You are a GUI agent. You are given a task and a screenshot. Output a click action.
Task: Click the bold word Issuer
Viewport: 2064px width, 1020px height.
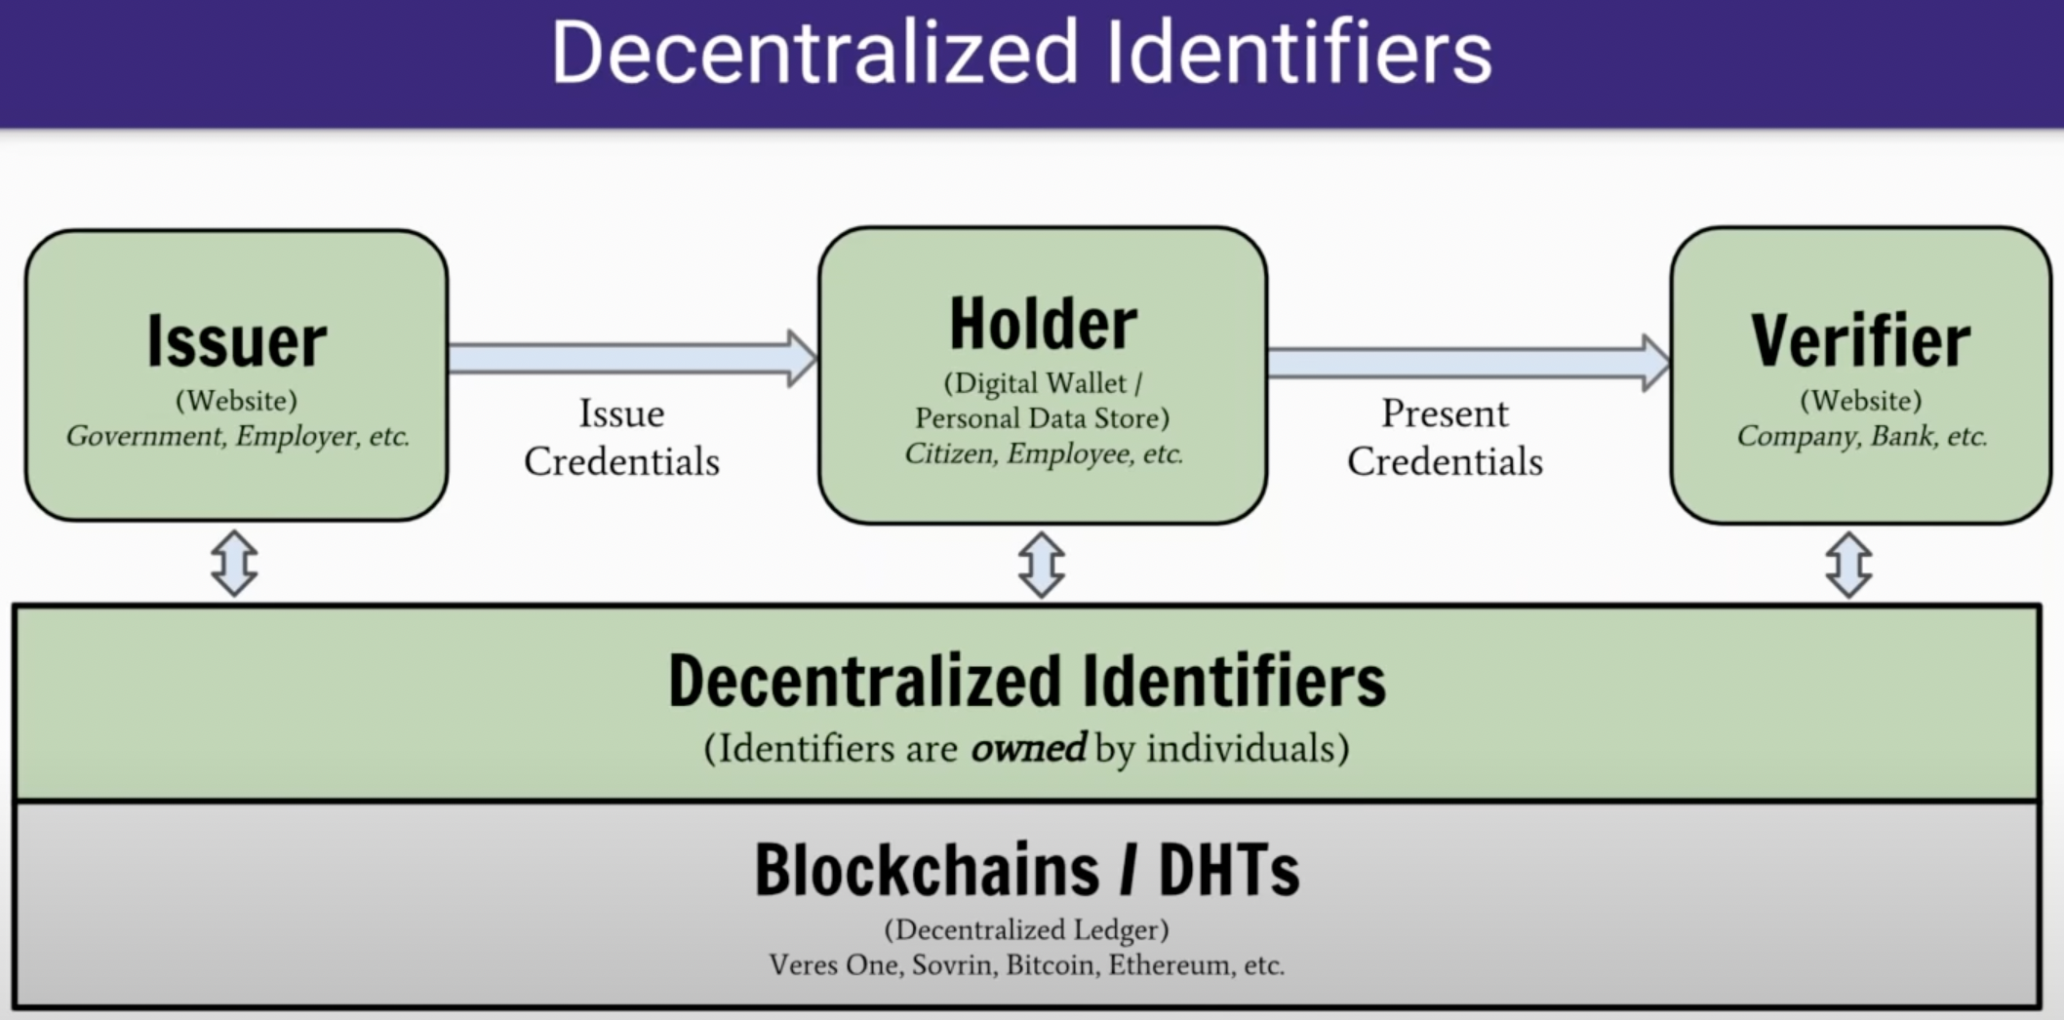click(x=237, y=342)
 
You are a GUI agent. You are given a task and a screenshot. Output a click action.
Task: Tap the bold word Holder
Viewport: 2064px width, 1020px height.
click(x=1043, y=325)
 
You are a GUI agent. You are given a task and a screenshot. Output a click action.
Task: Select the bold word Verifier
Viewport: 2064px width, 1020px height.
click(x=1860, y=342)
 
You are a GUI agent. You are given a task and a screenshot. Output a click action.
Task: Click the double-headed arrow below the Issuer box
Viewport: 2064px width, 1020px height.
click(x=234, y=564)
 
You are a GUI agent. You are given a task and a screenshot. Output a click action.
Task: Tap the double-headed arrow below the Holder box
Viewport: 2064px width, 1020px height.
click(x=1041, y=565)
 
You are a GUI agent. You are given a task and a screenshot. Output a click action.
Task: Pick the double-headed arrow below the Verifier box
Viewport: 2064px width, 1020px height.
click(x=1848, y=565)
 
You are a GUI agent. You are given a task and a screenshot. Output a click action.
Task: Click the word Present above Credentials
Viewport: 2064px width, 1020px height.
click(x=1445, y=414)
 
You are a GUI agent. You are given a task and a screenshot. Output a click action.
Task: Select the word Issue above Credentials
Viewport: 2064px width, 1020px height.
click(x=621, y=414)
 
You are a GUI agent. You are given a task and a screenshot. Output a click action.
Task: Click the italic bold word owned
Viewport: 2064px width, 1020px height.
click(x=1027, y=748)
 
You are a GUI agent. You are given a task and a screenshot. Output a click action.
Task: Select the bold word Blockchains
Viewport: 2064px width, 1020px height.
click(x=926, y=870)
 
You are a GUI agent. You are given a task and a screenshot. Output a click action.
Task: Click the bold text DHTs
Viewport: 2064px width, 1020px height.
click(x=1228, y=870)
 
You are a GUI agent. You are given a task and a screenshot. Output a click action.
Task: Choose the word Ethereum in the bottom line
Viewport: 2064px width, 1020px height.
click(x=1169, y=965)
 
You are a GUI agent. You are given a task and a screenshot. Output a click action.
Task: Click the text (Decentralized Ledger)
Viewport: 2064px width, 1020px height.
click(x=1026, y=929)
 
